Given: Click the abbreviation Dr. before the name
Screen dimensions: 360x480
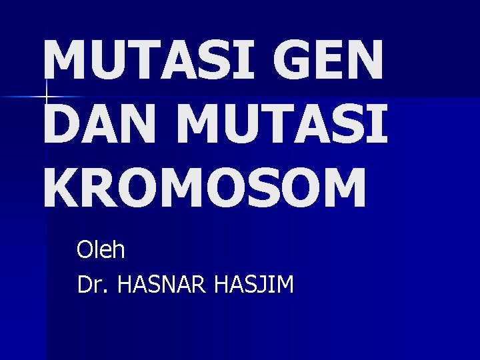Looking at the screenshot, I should click(x=93, y=285).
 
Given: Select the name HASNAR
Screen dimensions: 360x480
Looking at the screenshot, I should click(x=163, y=285).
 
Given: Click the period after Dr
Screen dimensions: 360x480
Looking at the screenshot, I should click(x=108, y=292).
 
